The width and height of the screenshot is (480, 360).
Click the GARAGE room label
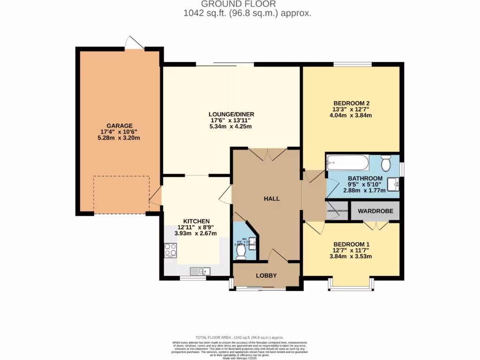(119, 126)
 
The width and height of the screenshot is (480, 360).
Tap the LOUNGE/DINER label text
(232, 114)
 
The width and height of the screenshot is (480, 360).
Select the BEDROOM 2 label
(352, 103)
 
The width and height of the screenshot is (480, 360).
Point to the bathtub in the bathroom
(347, 163)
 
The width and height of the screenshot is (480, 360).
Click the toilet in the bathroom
(386, 164)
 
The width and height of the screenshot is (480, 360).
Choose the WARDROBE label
(375, 211)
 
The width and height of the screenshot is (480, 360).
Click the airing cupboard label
(337, 211)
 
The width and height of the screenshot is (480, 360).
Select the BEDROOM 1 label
(352, 244)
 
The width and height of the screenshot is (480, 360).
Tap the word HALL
(271, 199)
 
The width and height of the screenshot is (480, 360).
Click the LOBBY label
(266, 275)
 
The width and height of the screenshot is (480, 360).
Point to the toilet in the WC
(241, 253)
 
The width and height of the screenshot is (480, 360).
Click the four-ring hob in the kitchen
(170, 250)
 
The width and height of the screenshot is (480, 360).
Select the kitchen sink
(201, 270)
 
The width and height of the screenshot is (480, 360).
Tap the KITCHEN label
(196, 221)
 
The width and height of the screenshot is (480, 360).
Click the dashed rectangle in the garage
(121, 194)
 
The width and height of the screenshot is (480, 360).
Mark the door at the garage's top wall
(134, 43)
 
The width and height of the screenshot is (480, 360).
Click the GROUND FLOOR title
(247, 4)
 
